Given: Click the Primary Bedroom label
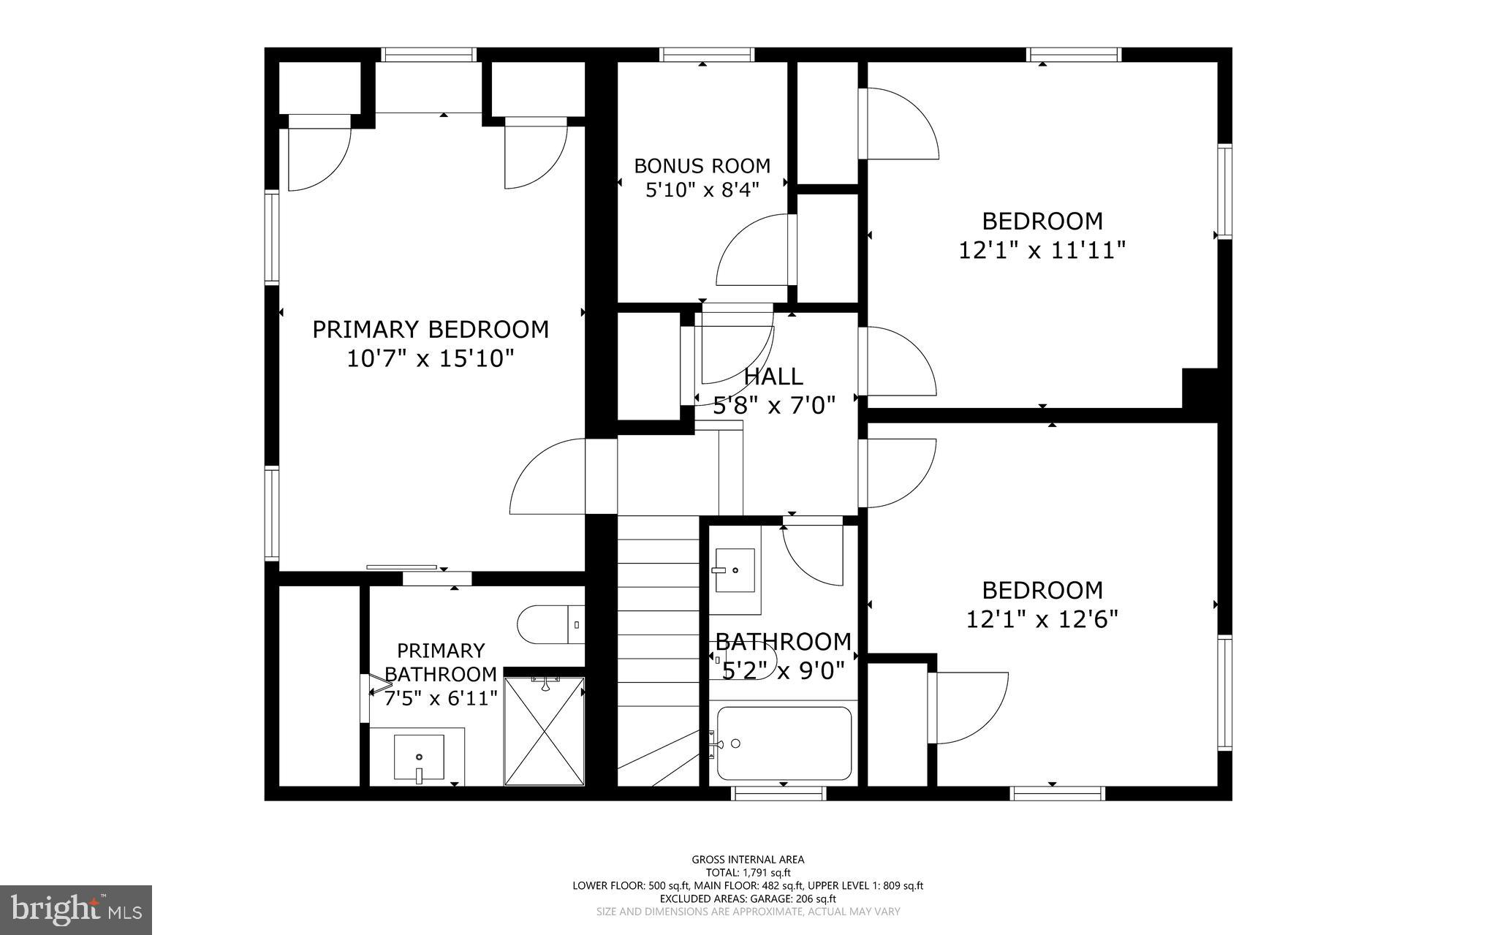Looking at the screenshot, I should [431, 330].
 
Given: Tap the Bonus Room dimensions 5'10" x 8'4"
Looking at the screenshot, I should [702, 190].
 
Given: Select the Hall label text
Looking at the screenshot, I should [773, 376].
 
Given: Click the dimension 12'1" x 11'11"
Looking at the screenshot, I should [1042, 251].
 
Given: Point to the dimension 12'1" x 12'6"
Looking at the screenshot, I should [1042, 620].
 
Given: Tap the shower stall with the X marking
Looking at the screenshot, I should [545, 731].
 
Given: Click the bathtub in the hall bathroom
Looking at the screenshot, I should [784, 743].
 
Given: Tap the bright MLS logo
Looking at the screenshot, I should [76, 909].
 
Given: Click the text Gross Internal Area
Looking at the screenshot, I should [748, 860].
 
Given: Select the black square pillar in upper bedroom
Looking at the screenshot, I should [1200, 387].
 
